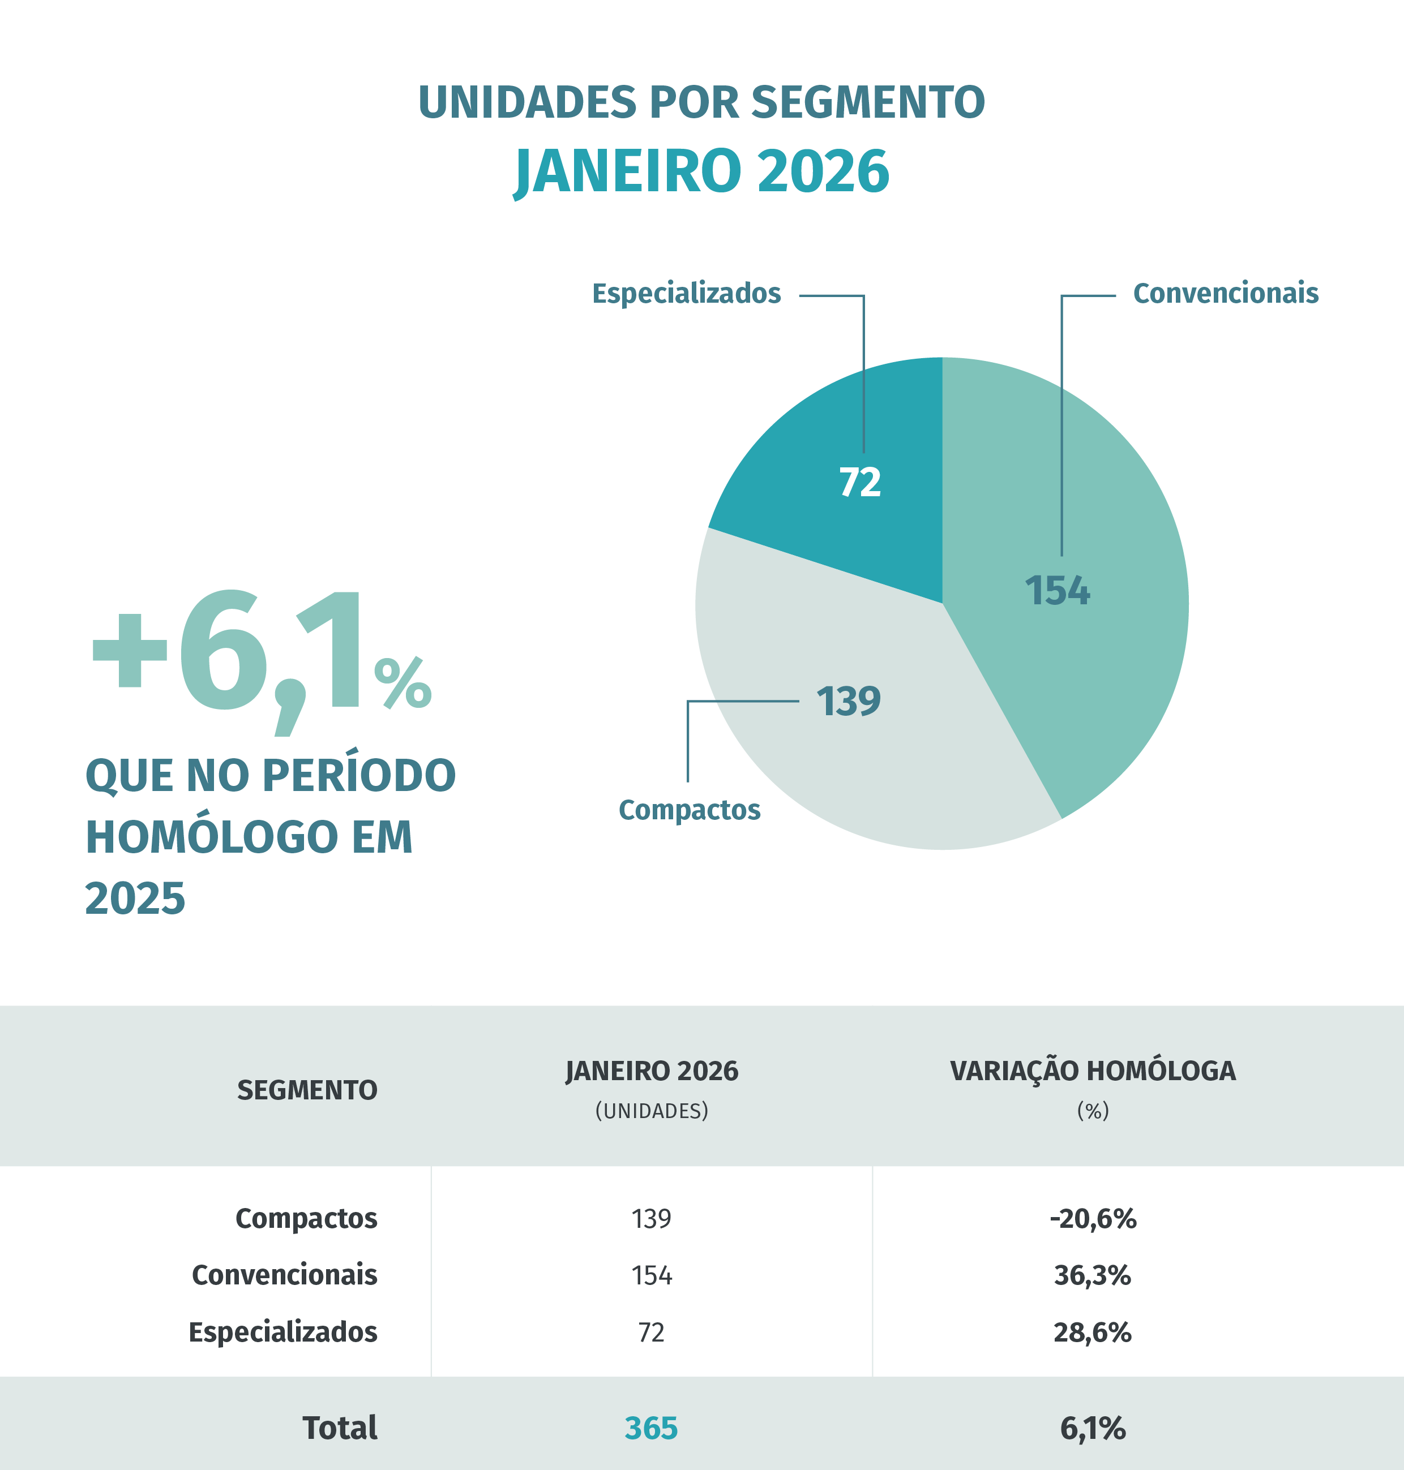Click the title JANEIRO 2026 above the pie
702,171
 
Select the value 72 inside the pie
860,483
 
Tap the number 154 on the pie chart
1057,590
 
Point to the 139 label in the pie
848,702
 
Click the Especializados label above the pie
686,293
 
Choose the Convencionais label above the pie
1225,293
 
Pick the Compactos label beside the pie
690,810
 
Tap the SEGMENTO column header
307,1090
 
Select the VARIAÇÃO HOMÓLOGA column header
1092,1071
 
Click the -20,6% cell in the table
1092,1219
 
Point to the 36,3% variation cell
1092,1275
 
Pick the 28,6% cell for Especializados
1092,1333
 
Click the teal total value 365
651,1428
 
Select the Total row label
340,1428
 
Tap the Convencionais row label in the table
284,1275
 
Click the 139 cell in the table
651,1219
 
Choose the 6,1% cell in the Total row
1092,1428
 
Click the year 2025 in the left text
135,899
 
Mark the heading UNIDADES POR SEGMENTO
702,102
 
